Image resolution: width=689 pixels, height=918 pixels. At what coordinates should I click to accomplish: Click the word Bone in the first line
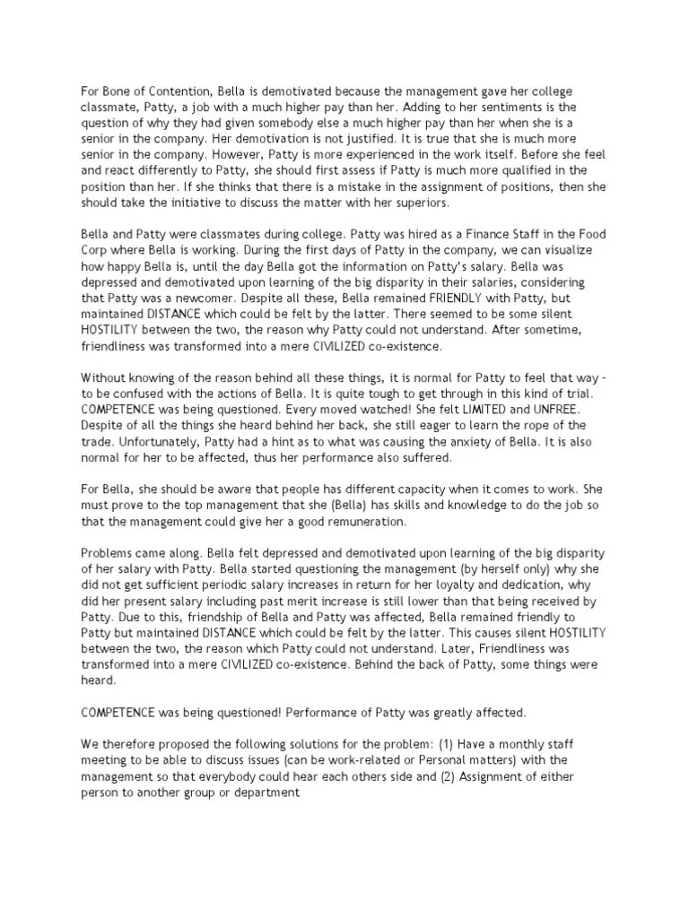click(x=119, y=92)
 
